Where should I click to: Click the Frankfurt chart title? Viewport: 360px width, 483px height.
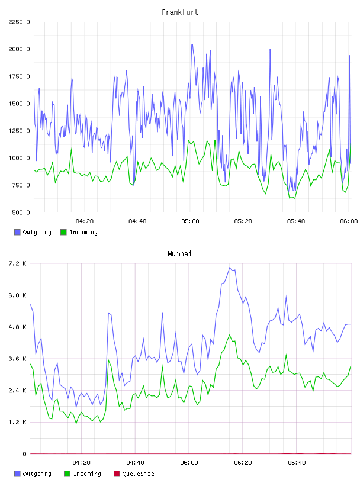point(180,12)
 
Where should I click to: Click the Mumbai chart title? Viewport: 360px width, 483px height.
point(179,254)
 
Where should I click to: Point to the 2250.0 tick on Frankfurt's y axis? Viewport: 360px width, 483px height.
point(19,22)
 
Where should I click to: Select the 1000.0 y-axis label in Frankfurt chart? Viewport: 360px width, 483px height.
point(19,158)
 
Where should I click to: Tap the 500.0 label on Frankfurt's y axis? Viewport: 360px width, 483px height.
point(21,212)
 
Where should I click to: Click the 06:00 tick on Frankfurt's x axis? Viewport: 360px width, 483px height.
point(349,221)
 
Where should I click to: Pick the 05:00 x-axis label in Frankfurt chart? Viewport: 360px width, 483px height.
point(190,221)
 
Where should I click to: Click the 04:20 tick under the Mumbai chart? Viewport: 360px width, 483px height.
point(81,463)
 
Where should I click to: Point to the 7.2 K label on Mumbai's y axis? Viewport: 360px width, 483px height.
point(18,263)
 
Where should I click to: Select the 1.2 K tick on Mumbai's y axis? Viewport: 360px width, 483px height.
point(18,422)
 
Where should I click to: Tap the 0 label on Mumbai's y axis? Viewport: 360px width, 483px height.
point(24,454)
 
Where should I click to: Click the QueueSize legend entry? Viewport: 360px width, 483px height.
point(134,474)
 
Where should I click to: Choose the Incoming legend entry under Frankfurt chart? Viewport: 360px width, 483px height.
point(79,232)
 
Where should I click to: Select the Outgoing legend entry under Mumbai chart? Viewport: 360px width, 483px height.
point(33,474)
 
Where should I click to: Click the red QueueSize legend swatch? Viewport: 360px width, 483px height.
point(117,474)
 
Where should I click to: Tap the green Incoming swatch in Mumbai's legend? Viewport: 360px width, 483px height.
point(67,474)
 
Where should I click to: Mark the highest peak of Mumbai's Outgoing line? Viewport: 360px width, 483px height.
point(229,268)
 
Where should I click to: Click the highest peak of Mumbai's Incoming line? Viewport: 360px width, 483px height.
point(229,335)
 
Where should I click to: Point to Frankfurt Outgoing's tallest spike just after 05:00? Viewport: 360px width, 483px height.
point(192,44)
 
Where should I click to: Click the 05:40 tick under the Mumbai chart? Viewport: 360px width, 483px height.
point(297,463)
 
